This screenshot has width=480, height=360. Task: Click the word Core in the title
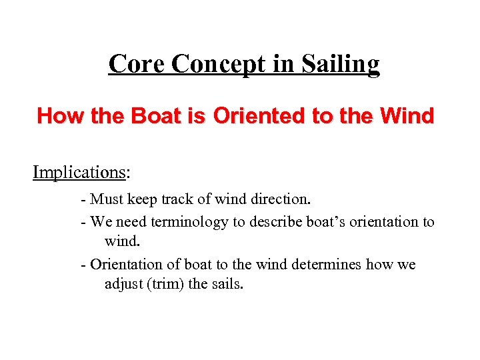coord(137,64)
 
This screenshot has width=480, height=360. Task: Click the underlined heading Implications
coord(79,173)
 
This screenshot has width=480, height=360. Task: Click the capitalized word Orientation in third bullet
coord(125,265)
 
